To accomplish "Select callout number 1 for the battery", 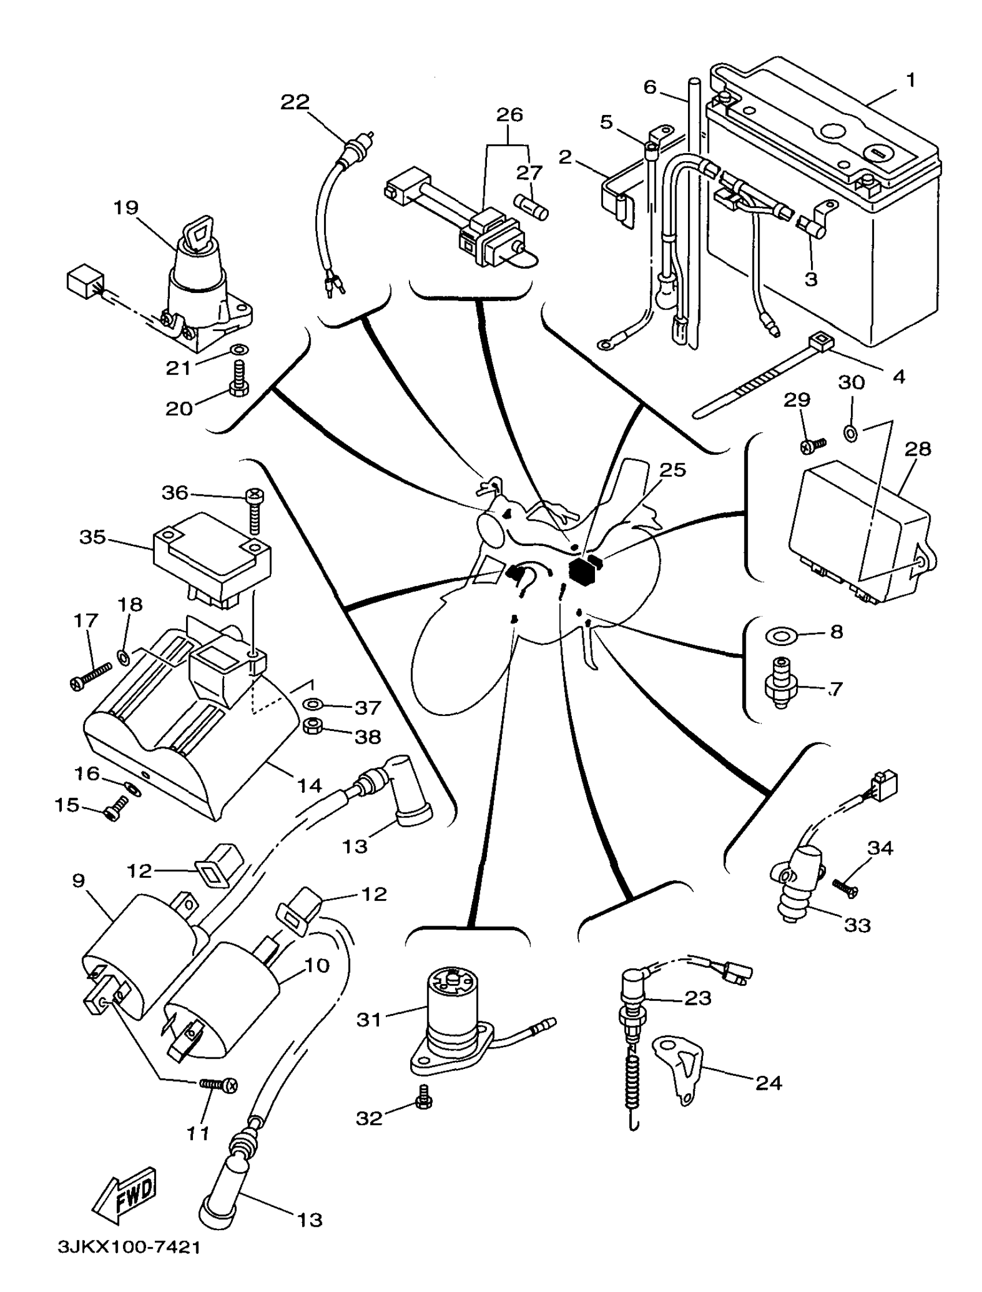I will (911, 80).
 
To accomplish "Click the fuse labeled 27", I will (531, 207).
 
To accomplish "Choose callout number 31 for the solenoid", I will (369, 1020).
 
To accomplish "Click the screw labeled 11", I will (219, 1085).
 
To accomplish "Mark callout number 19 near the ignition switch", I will (127, 207).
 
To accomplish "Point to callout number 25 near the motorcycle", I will (673, 469).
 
